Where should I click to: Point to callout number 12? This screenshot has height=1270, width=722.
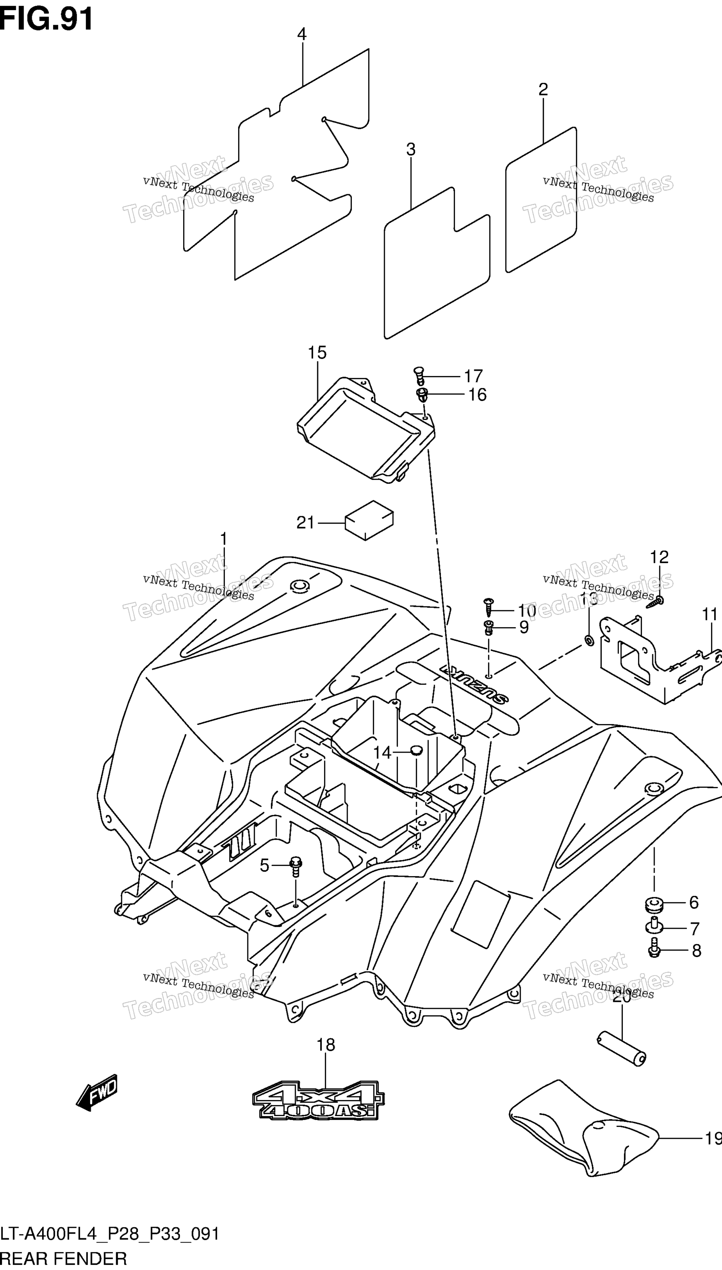coord(660,556)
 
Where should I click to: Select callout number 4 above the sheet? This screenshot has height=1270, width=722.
coord(302,34)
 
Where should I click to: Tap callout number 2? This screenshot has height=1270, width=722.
coord(543,90)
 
